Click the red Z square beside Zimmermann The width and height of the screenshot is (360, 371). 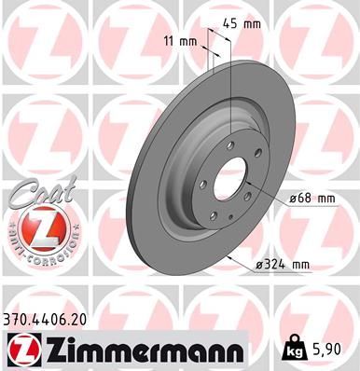22,348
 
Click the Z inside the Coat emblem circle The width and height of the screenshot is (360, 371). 35,228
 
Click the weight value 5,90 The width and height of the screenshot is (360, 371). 330,349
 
